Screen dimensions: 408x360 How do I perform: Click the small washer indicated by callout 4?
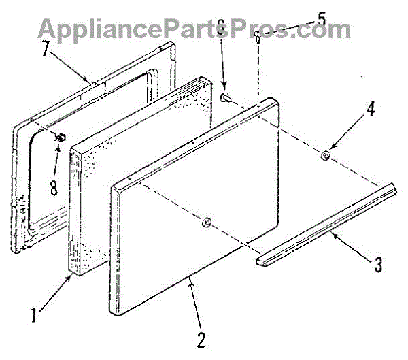326,157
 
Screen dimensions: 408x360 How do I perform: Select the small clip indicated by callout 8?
61,136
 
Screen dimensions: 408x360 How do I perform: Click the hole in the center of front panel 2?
207,222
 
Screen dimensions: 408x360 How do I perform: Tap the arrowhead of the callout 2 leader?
188,278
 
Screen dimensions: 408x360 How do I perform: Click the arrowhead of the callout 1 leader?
73,274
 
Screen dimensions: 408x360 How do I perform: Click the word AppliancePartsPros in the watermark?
194,29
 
